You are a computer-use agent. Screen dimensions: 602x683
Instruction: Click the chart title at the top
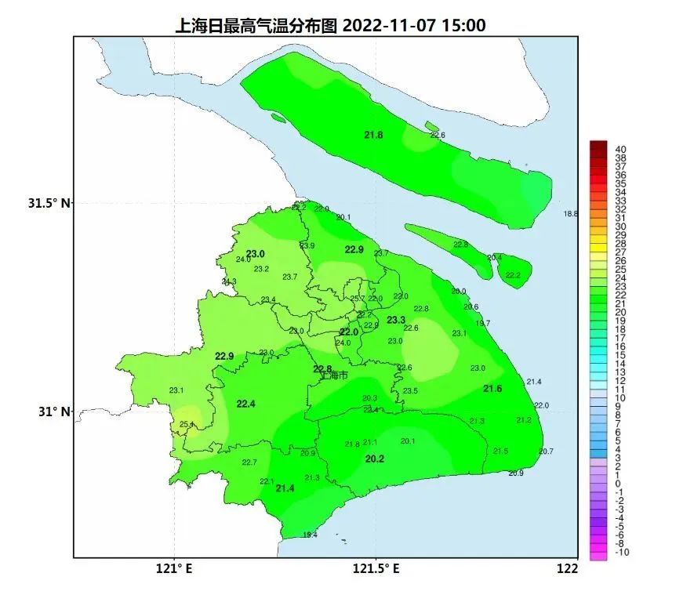[x=329, y=25]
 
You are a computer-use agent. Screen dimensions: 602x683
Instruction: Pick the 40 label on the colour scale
[x=621, y=149]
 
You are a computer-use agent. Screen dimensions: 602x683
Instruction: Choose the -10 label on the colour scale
[x=621, y=553]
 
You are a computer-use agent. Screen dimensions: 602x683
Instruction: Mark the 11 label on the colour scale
[x=621, y=390]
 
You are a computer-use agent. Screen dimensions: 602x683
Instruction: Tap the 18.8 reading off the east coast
[x=570, y=214]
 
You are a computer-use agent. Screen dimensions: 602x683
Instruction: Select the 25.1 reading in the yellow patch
[x=186, y=425]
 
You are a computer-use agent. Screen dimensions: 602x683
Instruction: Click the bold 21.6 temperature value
[x=492, y=389]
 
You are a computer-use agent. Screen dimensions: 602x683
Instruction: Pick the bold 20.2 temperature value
[x=375, y=459]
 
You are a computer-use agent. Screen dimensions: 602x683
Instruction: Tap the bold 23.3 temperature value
[x=396, y=320]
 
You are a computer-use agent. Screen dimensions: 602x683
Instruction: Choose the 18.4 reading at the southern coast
[x=310, y=535]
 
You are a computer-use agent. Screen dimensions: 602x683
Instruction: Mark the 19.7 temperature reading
[x=483, y=323]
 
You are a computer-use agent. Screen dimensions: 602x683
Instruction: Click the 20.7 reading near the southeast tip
[x=547, y=451]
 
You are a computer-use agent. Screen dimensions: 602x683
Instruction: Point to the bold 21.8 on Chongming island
[x=374, y=135]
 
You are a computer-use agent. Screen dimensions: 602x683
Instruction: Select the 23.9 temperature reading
[x=307, y=246]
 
